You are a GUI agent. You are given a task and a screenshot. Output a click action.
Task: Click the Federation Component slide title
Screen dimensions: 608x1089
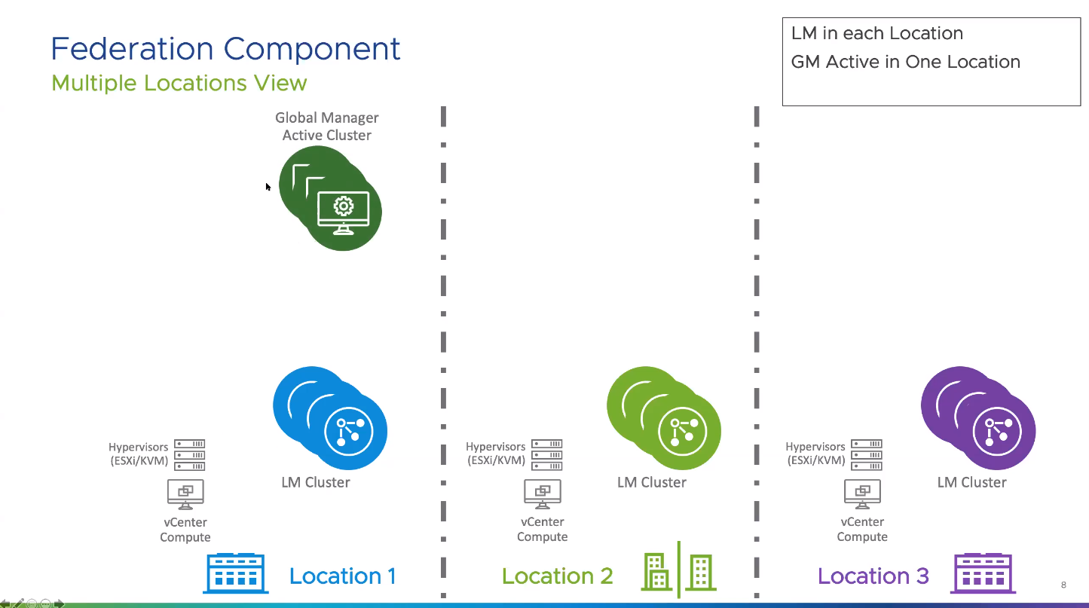point(225,49)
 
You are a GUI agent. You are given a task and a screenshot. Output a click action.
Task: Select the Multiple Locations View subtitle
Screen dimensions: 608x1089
point(179,82)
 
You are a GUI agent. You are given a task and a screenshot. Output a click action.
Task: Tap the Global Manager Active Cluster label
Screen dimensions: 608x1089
point(327,127)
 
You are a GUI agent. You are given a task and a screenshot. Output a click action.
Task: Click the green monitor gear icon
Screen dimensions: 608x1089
point(343,212)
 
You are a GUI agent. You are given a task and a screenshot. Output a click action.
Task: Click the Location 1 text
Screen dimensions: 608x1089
point(342,576)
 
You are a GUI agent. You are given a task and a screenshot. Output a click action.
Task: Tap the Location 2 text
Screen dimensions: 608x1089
point(557,576)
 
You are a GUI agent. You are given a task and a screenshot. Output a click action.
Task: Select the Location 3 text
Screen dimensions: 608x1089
point(873,576)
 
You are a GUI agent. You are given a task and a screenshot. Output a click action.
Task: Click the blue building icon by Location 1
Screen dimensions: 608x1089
point(236,574)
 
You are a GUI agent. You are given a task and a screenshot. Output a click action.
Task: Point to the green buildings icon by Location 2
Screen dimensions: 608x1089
point(678,572)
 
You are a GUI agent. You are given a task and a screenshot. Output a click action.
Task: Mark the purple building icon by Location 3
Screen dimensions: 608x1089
point(984,574)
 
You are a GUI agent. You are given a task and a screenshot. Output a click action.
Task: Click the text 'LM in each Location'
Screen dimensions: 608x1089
point(876,33)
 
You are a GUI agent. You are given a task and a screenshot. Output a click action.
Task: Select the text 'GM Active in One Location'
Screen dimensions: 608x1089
point(905,62)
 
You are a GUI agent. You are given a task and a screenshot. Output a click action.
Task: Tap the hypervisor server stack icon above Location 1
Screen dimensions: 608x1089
point(189,455)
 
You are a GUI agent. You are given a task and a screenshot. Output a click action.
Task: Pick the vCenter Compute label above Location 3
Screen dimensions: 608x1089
point(862,529)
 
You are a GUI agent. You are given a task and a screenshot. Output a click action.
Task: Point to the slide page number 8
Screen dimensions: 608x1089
point(1063,585)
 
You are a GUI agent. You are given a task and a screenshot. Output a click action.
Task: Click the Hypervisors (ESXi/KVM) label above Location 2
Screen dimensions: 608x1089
point(495,454)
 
